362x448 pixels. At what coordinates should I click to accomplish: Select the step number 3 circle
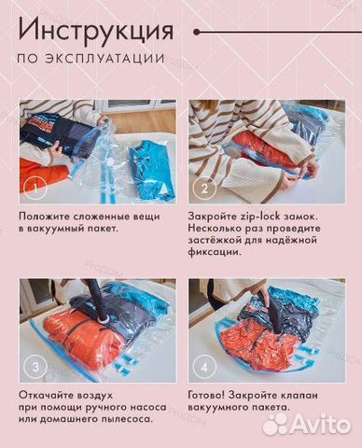[35, 368]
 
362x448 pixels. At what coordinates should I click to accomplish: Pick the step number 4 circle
[207, 368]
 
